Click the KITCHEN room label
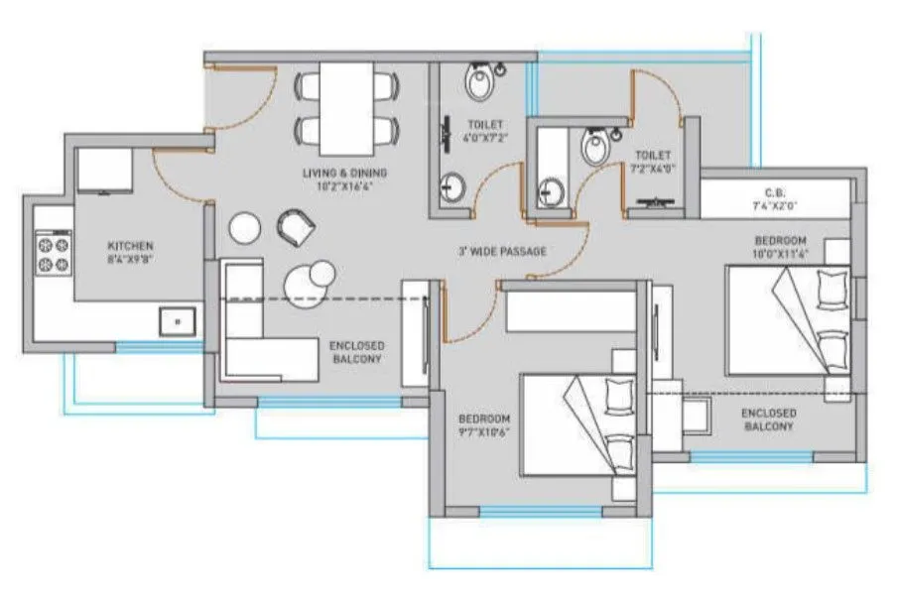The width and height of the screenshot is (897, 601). pyautogui.click(x=130, y=246)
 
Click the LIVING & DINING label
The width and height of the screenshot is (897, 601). pyautogui.click(x=344, y=174)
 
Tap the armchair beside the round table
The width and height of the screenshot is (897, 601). pyautogui.click(x=295, y=227)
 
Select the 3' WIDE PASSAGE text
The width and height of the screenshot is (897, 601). pyautogui.click(x=501, y=252)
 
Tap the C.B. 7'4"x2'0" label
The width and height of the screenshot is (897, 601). pyautogui.click(x=776, y=199)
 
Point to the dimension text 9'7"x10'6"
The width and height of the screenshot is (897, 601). pyautogui.click(x=483, y=432)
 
